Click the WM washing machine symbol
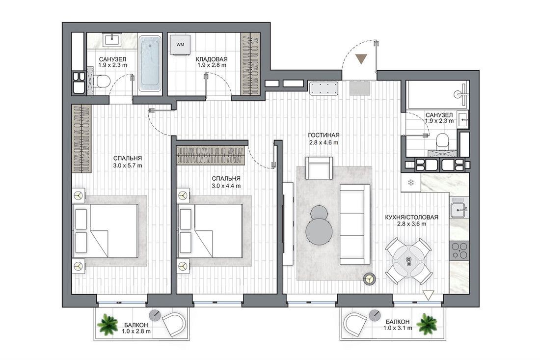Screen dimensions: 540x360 pyautogui.click(x=180, y=44)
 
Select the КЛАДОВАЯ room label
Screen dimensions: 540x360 pyautogui.click(x=212, y=59)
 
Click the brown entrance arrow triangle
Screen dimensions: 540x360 pyautogui.click(x=361, y=59)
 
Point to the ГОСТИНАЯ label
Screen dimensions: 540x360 pyautogui.click(x=324, y=135)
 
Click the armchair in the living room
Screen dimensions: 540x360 pyautogui.click(x=319, y=168)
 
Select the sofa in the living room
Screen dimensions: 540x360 pyautogui.click(x=355, y=224)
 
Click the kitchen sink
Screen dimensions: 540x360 pyautogui.click(x=459, y=207)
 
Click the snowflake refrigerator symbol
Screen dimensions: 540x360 pyautogui.click(x=410, y=182)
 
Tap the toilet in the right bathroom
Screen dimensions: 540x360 pyautogui.click(x=441, y=141)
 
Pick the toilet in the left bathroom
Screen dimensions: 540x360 pyautogui.click(x=102, y=82)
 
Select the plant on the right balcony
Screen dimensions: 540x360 pyautogui.click(x=427, y=324)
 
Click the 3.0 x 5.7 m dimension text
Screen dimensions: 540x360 pyautogui.click(x=128, y=166)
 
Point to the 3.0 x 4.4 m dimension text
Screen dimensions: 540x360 pyautogui.click(x=226, y=186)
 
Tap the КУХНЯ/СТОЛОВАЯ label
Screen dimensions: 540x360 pyautogui.click(x=411, y=217)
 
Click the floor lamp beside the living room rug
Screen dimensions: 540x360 pyautogui.click(x=370, y=278)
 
